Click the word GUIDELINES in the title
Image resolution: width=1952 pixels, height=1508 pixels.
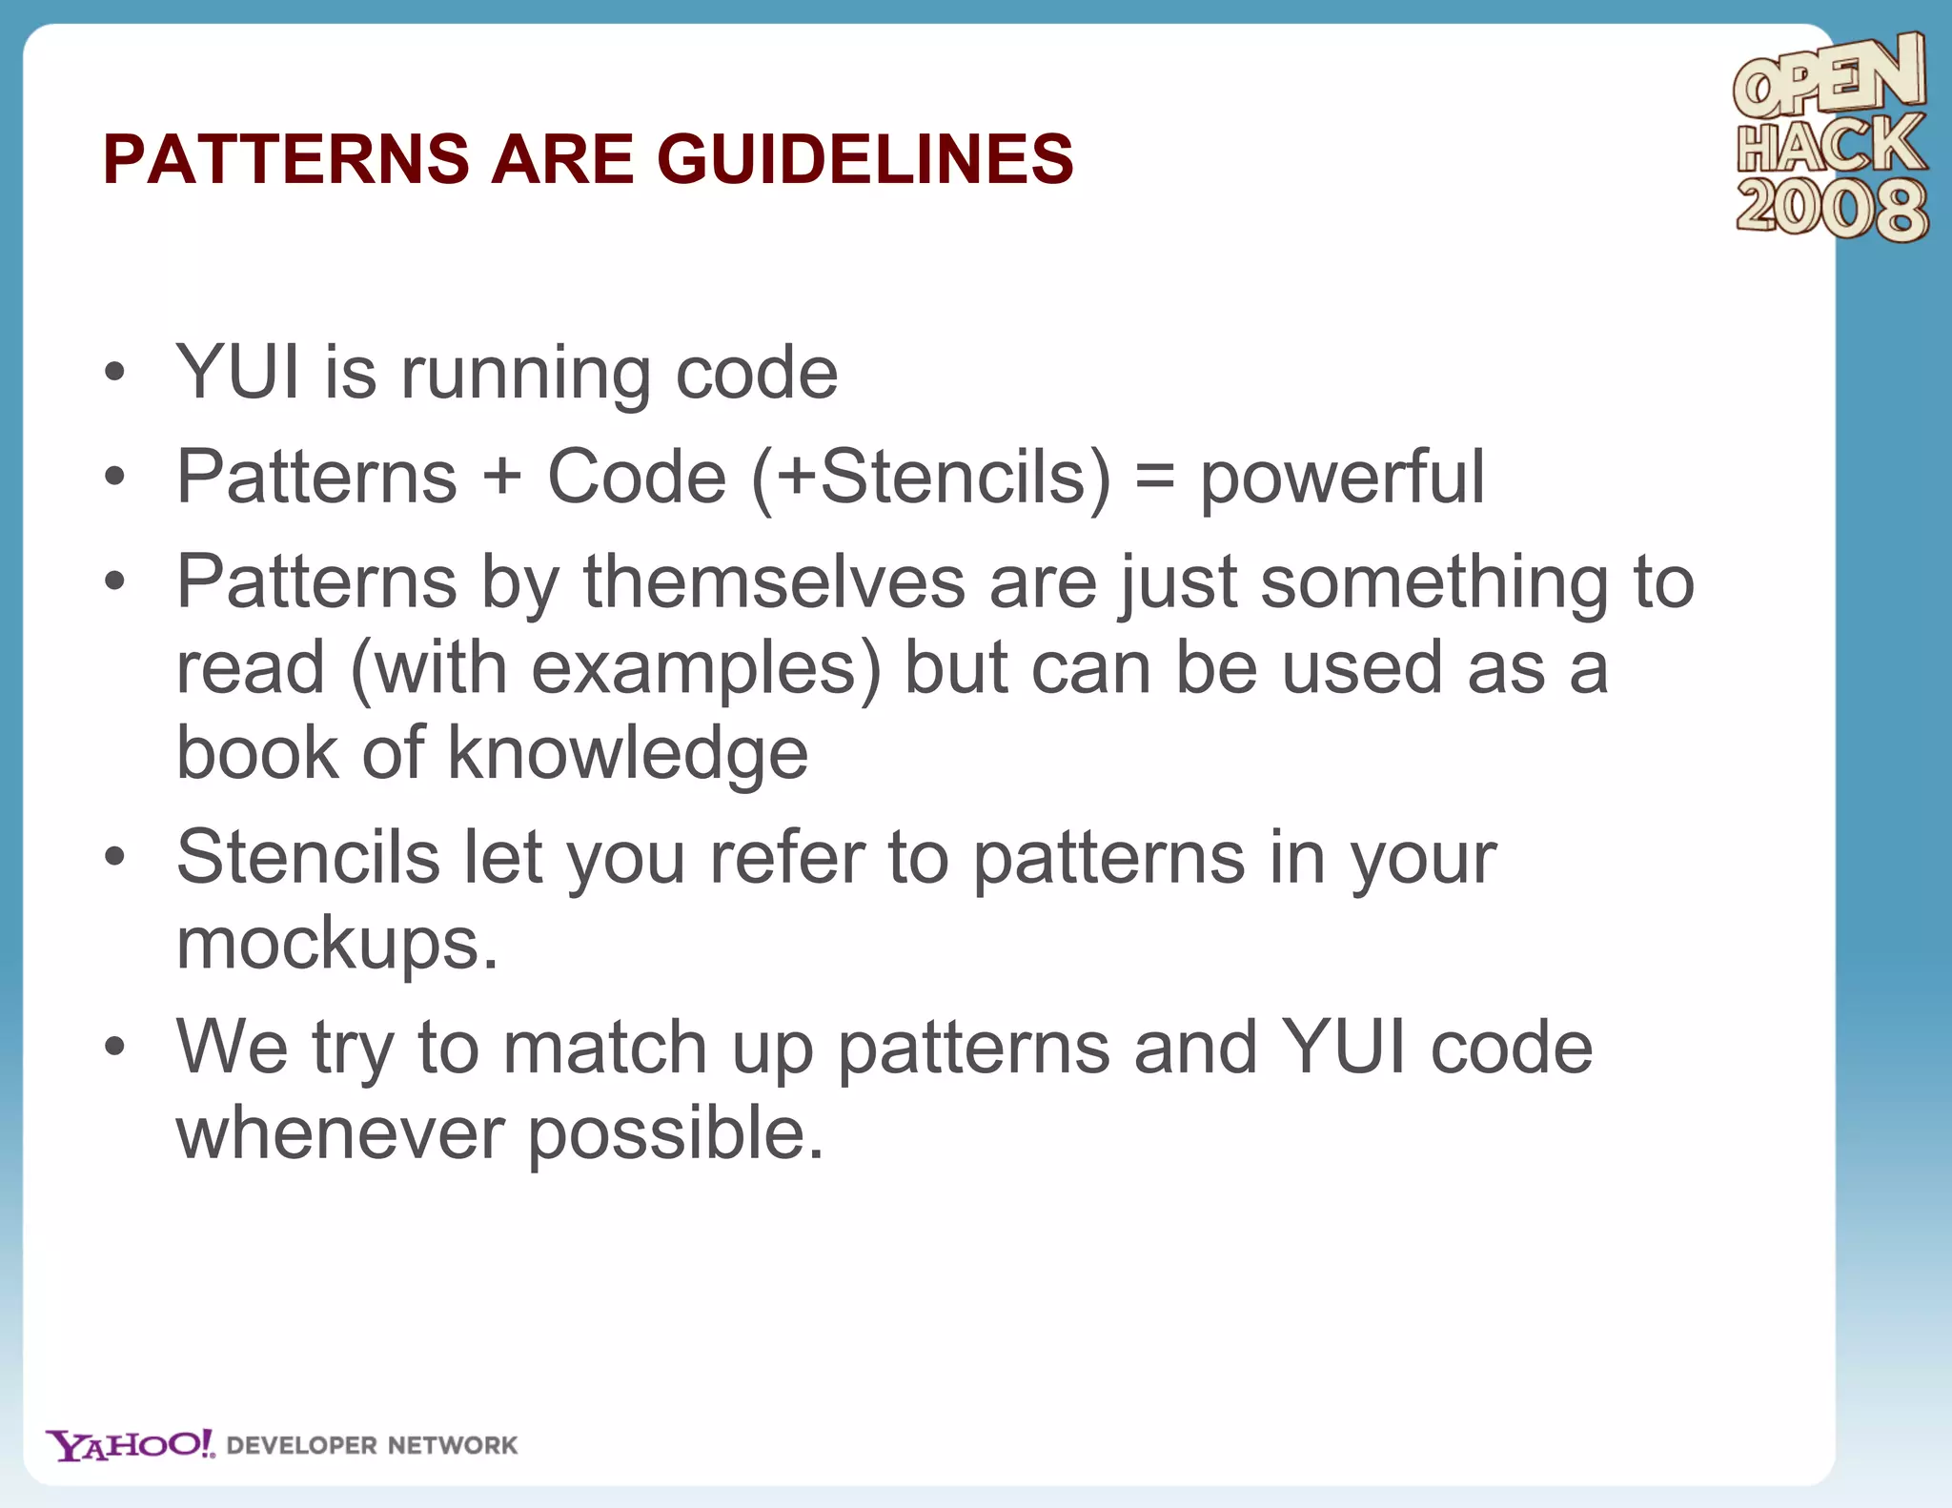pyautogui.click(x=864, y=158)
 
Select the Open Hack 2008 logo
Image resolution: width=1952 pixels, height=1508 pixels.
pyautogui.click(x=1830, y=137)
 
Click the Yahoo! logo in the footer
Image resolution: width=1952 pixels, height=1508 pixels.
pyautogui.click(x=131, y=1444)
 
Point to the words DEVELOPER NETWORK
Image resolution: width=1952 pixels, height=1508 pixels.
pyautogui.click(x=372, y=1445)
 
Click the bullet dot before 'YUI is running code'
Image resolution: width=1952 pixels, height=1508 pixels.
pyautogui.click(x=114, y=373)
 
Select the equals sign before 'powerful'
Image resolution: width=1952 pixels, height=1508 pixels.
pyautogui.click(x=1154, y=477)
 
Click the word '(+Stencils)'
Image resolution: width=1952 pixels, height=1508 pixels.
pyautogui.click(x=931, y=477)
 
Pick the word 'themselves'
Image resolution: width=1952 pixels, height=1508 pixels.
pyautogui.click(x=774, y=581)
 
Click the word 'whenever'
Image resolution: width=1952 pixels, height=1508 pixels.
pyautogui.click(x=340, y=1133)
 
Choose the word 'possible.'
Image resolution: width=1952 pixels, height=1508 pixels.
pyautogui.click(x=675, y=1135)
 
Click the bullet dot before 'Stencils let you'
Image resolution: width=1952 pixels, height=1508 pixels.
pyautogui.click(x=114, y=857)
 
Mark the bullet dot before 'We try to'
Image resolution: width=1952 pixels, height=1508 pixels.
pyautogui.click(x=114, y=1047)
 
